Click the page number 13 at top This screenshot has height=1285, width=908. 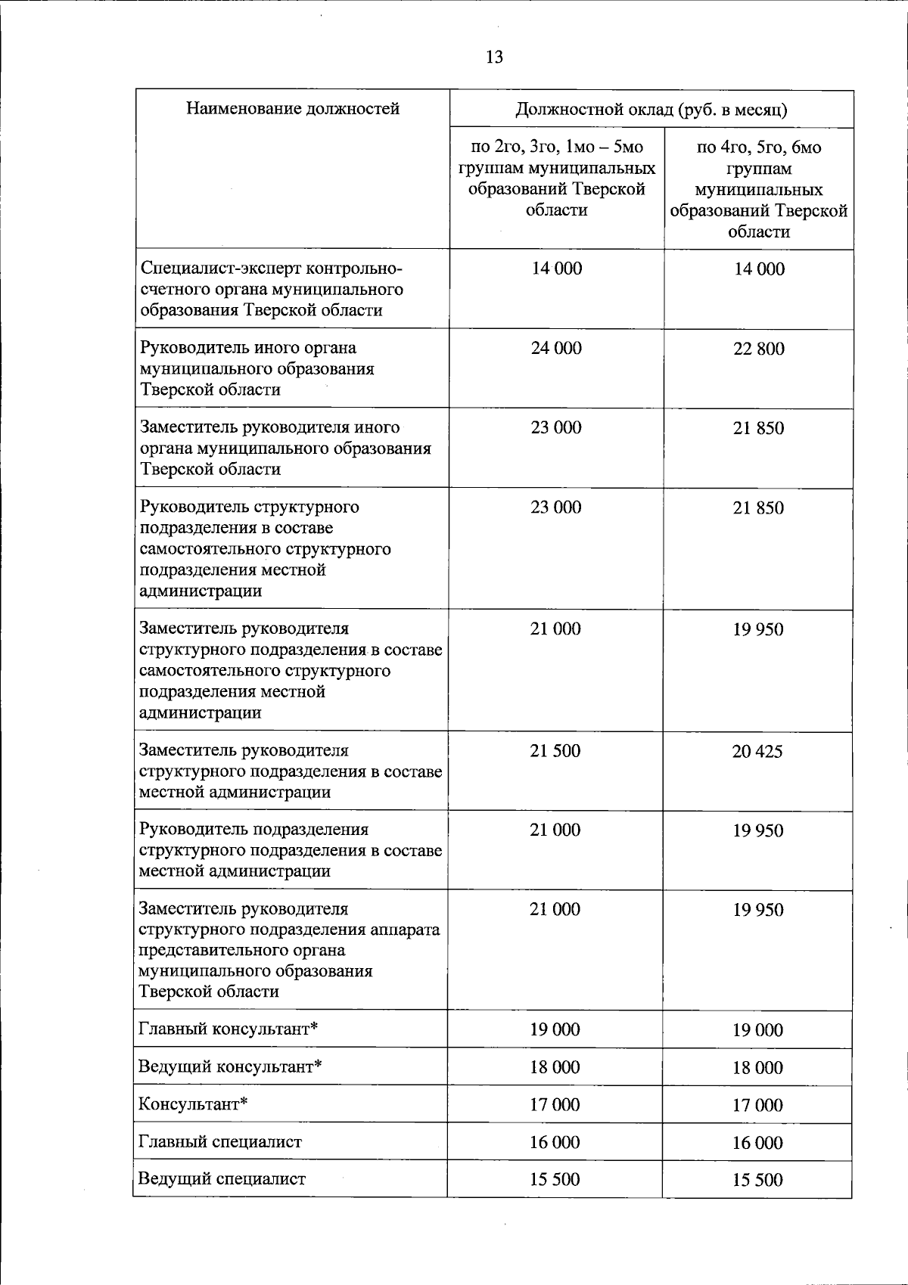tap(494, 57)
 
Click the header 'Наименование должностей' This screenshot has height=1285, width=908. tap(293, 109)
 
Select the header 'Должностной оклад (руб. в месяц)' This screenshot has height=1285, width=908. tap(651, 110)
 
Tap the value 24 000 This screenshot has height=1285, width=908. tap(556, 349)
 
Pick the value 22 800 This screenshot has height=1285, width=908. tap(758, 349)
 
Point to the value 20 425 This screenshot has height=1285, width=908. tap(757, 752)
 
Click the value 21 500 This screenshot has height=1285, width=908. tap(555, 751)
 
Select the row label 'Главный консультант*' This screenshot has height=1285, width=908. tap(228, 1029)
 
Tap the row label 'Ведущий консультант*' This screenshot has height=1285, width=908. tap(230, 1067)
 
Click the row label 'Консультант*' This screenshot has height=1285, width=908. tap(193, 1104)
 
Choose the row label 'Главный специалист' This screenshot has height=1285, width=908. tap(220, 1142)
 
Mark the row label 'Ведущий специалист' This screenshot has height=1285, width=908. tap(222, 1179)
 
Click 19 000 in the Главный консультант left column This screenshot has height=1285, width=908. tap(555, 1029)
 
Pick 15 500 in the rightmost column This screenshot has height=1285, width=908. tap(757, 1180)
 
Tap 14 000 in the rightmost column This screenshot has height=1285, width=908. tap(759, 269)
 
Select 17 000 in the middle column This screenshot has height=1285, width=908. tap(555, 1105)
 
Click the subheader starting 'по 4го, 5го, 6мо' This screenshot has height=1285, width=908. tap(758, 189)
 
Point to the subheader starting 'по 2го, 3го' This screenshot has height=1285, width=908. tap(557, 178)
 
